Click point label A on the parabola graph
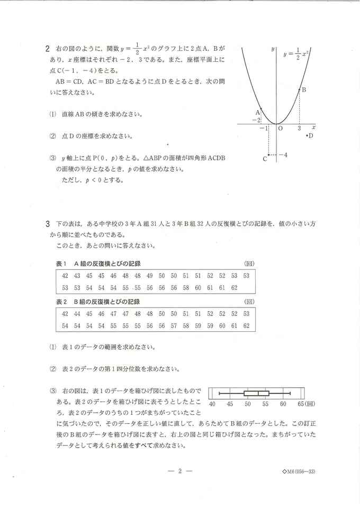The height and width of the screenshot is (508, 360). tap(258, 112)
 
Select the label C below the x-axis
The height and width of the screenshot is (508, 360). tap(265, 158)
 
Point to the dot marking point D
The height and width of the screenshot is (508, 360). tap(307, 136)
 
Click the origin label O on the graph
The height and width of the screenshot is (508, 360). tap(280, 128)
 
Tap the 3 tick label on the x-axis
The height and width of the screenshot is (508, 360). tap(299, 128)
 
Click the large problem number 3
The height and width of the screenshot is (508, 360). tap(48, 224)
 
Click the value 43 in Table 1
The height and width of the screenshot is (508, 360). tap(77, 276)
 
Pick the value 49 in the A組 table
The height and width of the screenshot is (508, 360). tap(149, 276)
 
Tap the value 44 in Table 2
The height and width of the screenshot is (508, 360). tap(77, 313)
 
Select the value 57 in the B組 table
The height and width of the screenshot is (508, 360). tap(174, 326)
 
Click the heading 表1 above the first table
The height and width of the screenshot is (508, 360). tap(62, 264)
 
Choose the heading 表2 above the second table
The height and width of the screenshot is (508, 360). tap(62, 301)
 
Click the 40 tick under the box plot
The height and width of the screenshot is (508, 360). tap(212, 403)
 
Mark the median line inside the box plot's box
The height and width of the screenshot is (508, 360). tap(258, 393)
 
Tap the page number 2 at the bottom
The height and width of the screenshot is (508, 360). tap(180, 471)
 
